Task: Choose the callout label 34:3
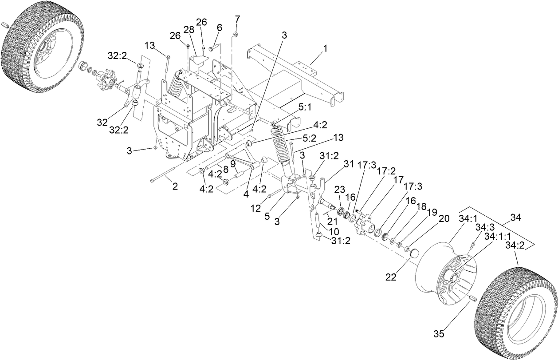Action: pos(486,227)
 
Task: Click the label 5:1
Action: pos(307,107)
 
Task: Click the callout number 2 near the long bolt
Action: pos(175,186)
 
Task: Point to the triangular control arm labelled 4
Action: pos(242,159)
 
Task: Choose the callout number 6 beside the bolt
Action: pos(219,27)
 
